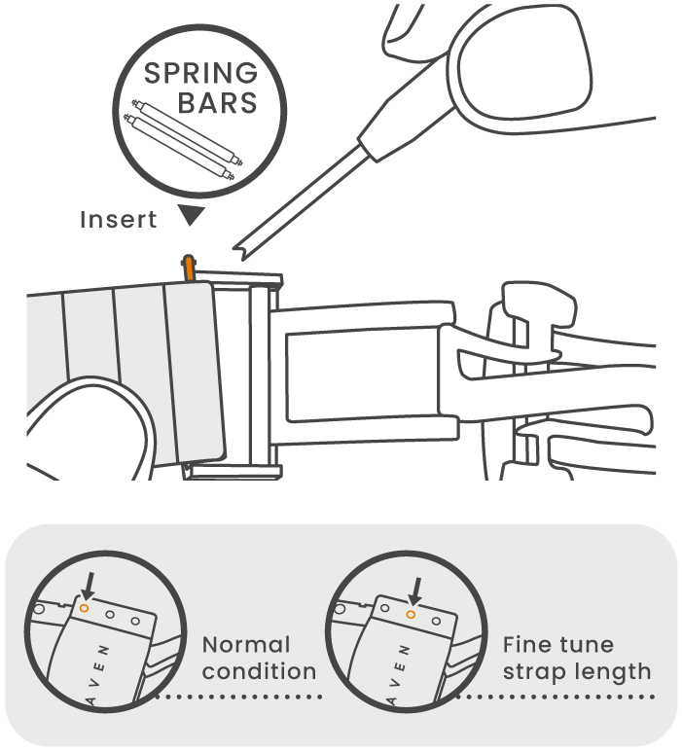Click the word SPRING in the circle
pos(200,75)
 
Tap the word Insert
pos(118,220)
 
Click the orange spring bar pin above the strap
pos(187,269)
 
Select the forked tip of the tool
pos(237,252)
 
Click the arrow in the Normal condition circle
pos(89,585)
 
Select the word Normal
pos(246,645)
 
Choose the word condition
pos(259,671)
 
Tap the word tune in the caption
pos(587,645)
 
